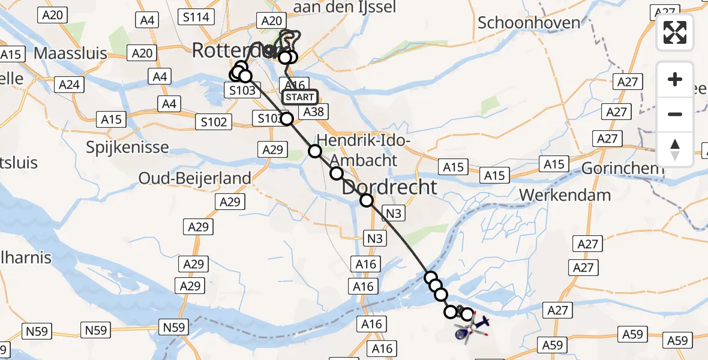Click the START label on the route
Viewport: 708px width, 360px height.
pos(299,97)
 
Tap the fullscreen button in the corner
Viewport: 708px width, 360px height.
pos(675,32)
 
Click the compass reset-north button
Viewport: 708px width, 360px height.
pos(675,149)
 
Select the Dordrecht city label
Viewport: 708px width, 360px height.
pos(389,187)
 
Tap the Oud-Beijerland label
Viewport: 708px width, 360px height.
pos(194,178)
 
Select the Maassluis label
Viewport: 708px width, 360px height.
pos(70,53)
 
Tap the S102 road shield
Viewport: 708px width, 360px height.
pos(214,122)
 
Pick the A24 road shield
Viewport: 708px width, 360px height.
pos(70,85)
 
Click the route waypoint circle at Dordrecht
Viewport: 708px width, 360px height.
pos(366,200)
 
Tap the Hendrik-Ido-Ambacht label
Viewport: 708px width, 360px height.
pos(362,151)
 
